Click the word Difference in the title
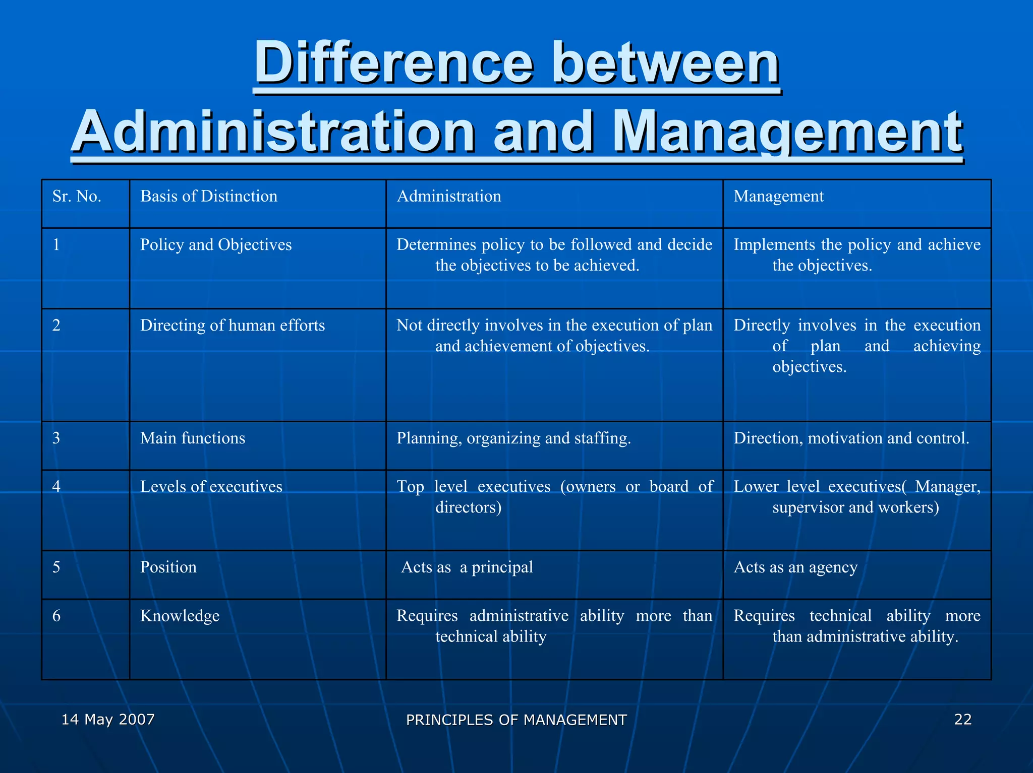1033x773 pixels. (x=393, y=65)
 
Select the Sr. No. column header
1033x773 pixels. (x=77, y=196)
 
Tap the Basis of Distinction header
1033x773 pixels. (x=208, y=196)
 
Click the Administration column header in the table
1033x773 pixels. (x=448, y=196)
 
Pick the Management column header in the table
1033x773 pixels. (x=778, y=196)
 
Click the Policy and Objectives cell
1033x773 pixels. (x=216, y=245)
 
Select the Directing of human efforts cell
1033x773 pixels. (x=232, y=326)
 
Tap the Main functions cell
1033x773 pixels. (x=193, y=438)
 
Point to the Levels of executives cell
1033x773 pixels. (x=211, y=487)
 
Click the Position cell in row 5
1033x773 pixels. (x=168, y=567)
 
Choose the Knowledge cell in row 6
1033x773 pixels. (x=180, y=616)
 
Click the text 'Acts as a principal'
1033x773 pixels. (x=467, y=567)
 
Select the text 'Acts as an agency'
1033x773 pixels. (x=795, y=567)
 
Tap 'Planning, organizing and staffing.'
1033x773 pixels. (x=513, y=438)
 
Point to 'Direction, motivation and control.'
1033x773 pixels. (x=851, y=438)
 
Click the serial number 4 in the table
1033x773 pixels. (x=56, y=487)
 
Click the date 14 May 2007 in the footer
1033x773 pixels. (x=108, y=719)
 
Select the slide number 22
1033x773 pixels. (x=962, y=719)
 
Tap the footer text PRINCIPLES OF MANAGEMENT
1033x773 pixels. (x=516, y=720)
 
